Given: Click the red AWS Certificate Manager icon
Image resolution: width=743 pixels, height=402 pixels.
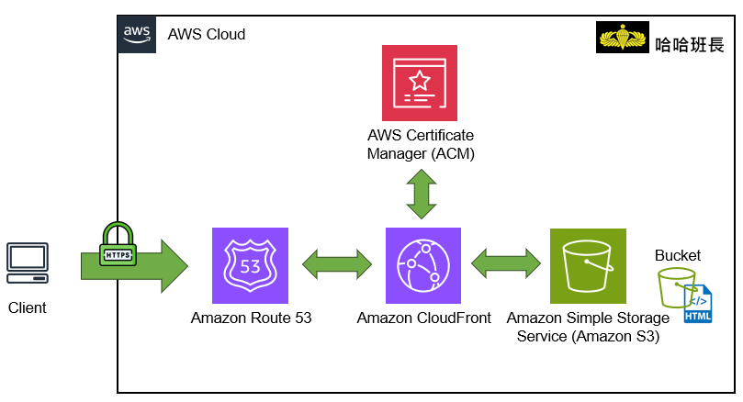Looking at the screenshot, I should [x=420, y=83].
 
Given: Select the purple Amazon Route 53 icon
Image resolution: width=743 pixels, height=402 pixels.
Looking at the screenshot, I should [x=250, y=265].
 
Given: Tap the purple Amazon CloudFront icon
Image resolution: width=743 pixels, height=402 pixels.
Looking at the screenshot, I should [x=423, y=265].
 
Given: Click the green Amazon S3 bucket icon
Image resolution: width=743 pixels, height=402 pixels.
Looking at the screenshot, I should [x=587, y=265].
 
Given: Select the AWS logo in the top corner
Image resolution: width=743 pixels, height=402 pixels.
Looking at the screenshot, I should [x=137, y=33].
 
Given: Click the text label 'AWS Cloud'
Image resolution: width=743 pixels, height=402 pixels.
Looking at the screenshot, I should [x=206, y=35].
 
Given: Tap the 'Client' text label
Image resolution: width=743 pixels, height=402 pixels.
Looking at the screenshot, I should [x=28, y=307].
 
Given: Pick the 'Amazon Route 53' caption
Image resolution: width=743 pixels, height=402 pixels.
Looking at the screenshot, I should [x=251, y=318].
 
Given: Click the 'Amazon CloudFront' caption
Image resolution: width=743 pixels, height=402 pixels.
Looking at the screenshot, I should [x=423, y=318].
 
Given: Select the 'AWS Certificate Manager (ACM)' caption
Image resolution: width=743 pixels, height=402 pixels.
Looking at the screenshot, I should [x=421, y=145].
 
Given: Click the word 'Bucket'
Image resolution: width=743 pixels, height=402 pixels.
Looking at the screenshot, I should [x=677, y=255].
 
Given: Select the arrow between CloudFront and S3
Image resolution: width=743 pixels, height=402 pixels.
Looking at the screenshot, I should [x=506, y=264].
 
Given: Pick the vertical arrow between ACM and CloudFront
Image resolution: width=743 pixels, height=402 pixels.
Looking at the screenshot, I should [x=421, y=193].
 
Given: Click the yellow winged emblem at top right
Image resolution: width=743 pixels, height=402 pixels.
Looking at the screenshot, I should [x=623, y=40].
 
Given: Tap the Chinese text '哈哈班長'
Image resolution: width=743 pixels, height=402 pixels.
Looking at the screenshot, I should [x=690, y=42].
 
